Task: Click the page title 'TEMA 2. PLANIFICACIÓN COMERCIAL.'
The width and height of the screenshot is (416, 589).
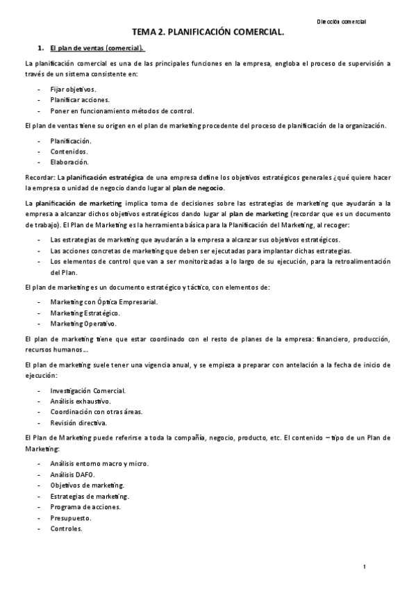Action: pos(208,33)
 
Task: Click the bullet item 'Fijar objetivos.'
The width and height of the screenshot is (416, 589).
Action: pos(74,90)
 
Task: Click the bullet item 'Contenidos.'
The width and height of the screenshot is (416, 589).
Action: pos(69,151)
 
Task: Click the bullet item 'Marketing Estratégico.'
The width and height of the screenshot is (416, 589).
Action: pos(85,313)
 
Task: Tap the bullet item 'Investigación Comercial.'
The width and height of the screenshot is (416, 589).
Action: pos(88,391)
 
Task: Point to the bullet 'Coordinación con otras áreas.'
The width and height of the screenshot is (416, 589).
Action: pos(97,411)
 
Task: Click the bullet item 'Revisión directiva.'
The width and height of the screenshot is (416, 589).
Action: pos(78,422)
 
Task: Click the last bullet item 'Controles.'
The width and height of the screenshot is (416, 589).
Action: pos(67,528)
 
